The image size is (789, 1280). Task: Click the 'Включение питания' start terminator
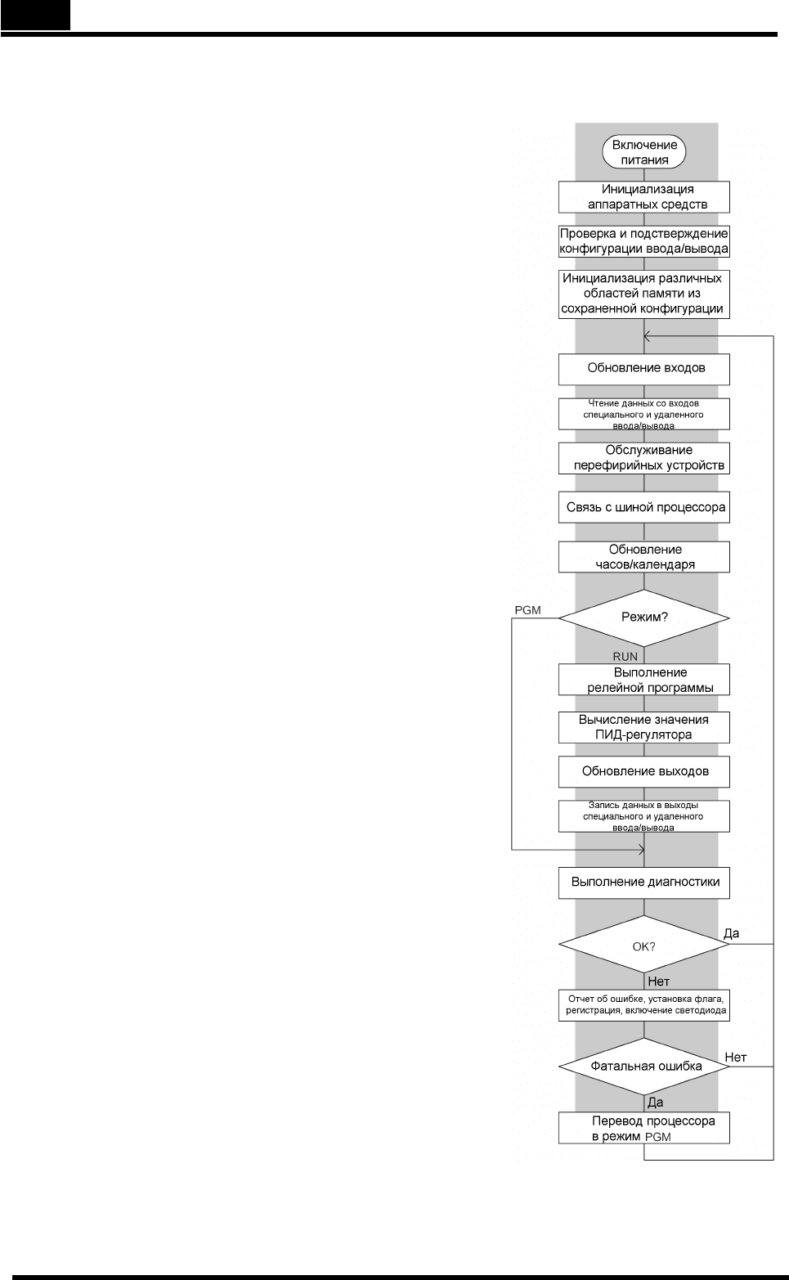(x=644, y=153)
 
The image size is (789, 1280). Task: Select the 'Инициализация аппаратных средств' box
(x=644, y=197)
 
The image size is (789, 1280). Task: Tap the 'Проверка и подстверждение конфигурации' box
(x=644, y=241)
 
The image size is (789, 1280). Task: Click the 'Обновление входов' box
(x=644, y=369)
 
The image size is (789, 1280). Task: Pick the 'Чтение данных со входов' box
(x=644, y=414)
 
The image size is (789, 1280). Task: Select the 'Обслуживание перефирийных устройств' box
(x=644, y=458)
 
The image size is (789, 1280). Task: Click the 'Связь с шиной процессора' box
(x=644, y=507)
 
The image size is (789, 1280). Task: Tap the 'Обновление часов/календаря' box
(x=644, y=557)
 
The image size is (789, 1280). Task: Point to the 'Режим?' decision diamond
(x=644, y=618)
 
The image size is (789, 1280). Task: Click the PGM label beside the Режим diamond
(x=527, y=610)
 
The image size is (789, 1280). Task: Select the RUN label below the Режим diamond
(x=625, y=657)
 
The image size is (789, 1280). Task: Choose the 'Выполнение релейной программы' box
(x=644, y=680)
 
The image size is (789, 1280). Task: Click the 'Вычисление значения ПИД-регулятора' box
(x=644, y=727)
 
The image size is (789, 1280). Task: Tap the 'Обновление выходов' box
(x=644, y=771)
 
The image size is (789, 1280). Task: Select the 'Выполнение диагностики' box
(x=644, y=883)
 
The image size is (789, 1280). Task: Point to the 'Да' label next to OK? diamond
(x=731, y=933)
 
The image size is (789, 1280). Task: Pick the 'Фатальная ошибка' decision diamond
(x=644, y=1067)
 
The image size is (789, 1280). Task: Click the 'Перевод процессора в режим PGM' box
(x=644, y=1128)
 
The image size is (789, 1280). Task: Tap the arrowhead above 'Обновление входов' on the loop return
(x=646, y=336)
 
